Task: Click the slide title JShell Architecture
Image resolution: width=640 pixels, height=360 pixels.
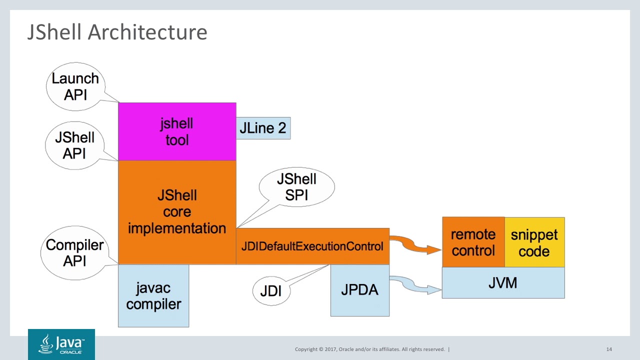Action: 117,32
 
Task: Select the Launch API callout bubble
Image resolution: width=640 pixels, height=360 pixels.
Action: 75,86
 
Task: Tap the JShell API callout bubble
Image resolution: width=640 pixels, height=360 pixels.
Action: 74,145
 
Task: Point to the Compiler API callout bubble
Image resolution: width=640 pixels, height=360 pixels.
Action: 74,252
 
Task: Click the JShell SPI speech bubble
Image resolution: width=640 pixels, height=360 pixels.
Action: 296,187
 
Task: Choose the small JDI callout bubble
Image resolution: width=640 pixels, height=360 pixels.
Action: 271,290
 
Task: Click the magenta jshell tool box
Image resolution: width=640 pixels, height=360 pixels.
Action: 177,132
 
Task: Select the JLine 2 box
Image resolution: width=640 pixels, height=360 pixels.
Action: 263,128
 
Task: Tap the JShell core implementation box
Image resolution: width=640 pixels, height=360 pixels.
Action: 177,212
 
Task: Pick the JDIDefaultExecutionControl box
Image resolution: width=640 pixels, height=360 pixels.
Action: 312,246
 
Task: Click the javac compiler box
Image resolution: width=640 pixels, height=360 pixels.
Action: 153,296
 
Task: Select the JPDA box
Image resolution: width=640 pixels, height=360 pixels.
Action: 359,290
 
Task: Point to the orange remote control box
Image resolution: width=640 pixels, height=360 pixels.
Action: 473,242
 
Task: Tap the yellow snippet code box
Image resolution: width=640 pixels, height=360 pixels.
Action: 534,242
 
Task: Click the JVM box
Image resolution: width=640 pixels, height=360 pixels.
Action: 503,283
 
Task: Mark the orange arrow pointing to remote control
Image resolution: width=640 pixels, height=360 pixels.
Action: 415,245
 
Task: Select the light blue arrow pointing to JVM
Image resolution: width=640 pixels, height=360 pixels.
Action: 415,285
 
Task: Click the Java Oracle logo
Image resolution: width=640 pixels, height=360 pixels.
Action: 61,344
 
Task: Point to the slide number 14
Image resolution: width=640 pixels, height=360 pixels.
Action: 609,349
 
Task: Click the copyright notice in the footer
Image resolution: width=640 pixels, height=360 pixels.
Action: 370,349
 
